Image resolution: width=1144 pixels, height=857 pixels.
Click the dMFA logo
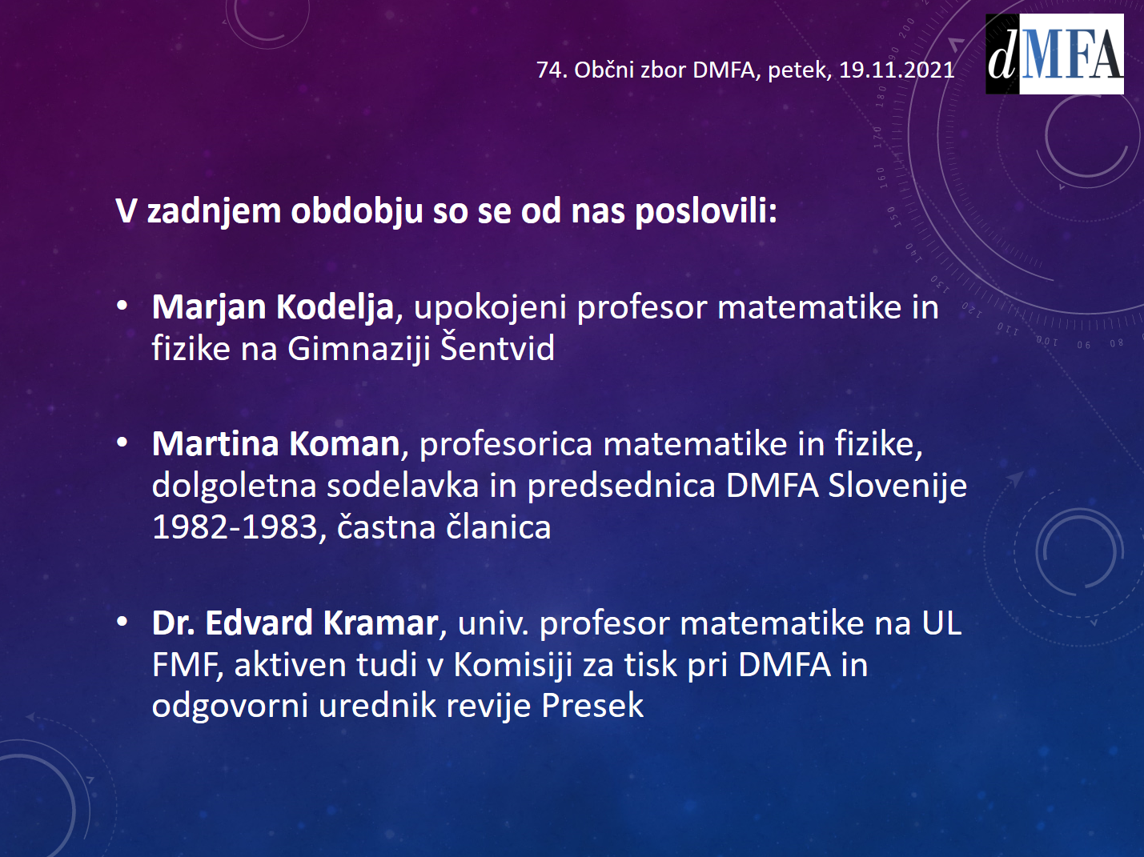point(1054,54)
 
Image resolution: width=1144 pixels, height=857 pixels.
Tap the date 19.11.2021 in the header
point(897,70)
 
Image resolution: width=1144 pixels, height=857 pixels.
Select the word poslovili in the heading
point(705,212)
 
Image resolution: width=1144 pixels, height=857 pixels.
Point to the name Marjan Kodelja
point(273,307)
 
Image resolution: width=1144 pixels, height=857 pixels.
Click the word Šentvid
point(497,347)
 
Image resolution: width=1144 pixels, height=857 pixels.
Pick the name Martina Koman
point(275,444)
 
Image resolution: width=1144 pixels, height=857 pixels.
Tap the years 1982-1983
point(235,527)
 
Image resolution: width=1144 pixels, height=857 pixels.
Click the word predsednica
point(621,486)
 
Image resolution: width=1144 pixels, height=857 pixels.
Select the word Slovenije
point(897,486)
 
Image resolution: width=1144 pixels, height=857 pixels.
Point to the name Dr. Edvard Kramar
point(295,623)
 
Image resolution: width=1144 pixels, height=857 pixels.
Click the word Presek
point(592,706)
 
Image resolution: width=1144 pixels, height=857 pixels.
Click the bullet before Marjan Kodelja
point(122,306)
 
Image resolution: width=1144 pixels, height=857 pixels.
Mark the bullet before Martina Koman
point(122,443)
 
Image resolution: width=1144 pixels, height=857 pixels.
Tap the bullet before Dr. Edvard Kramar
point(122,622)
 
